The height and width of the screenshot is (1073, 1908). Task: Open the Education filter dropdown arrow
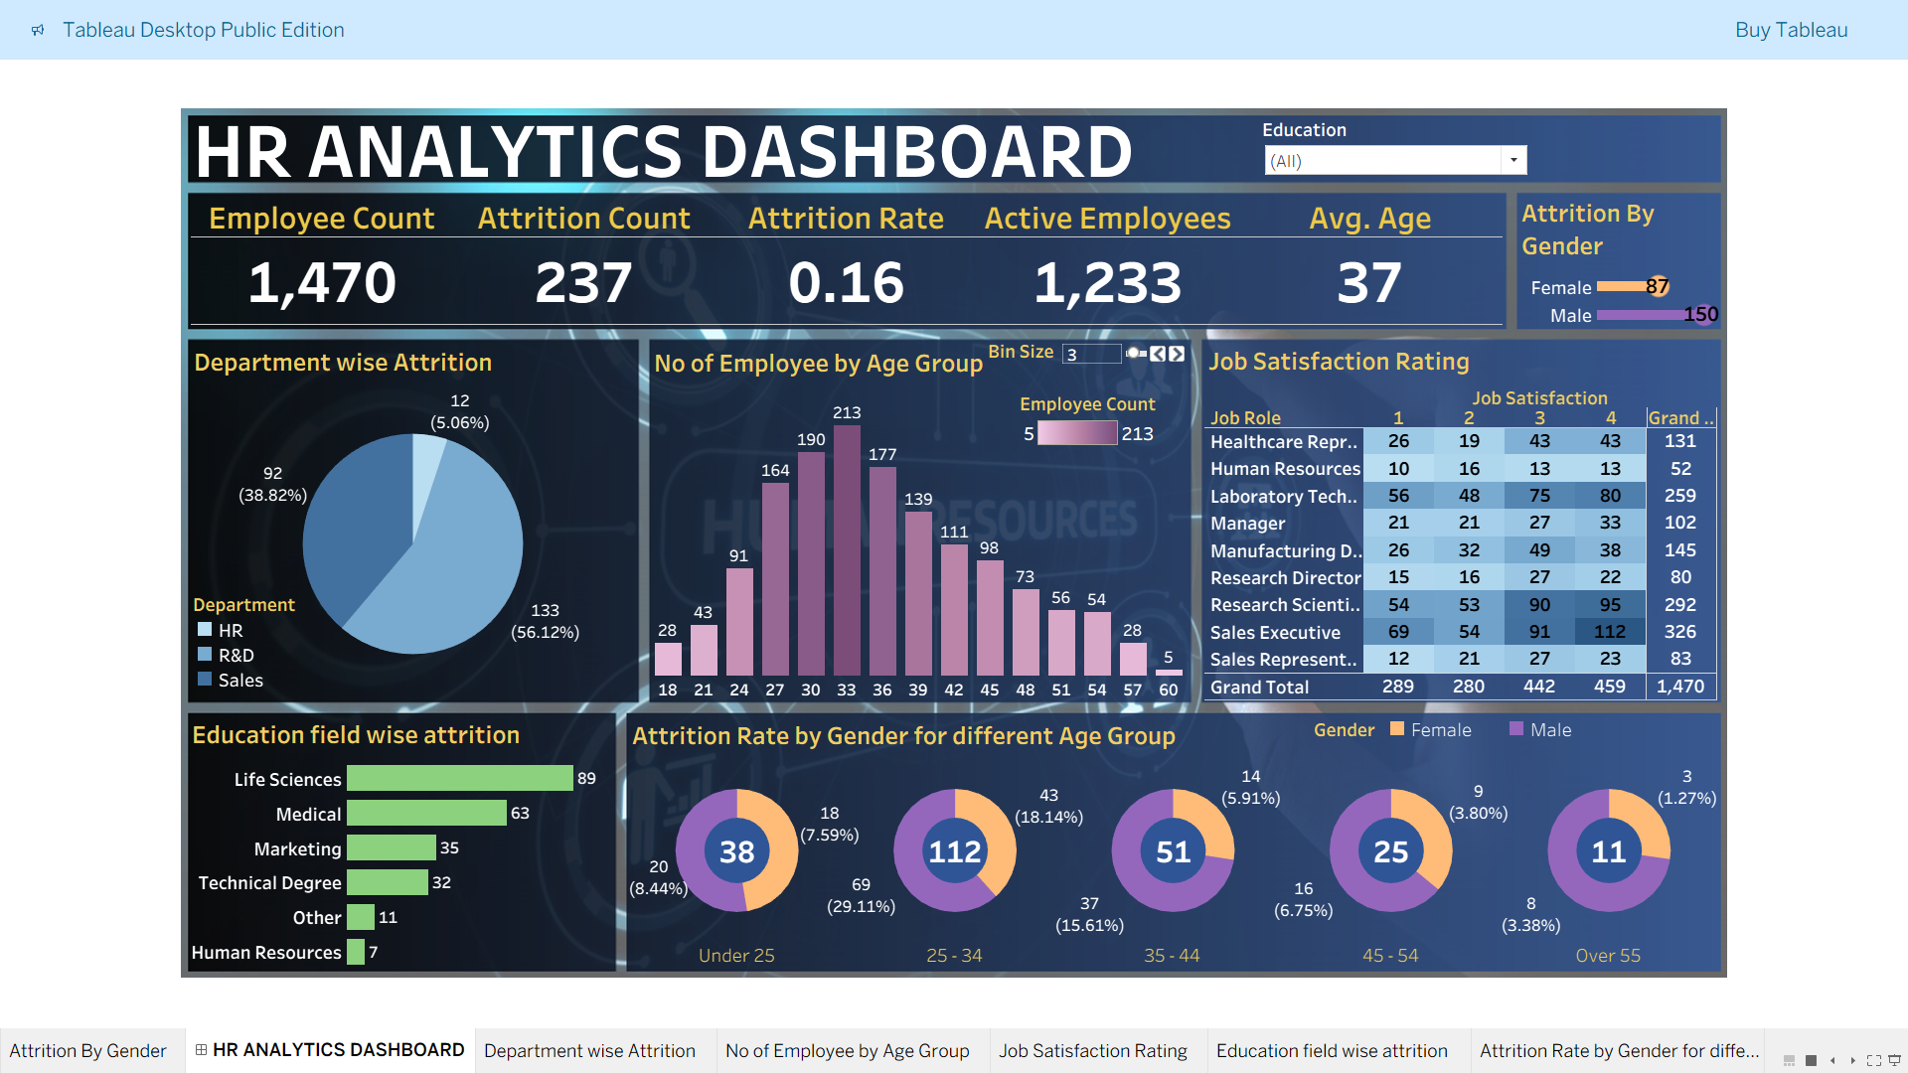tap(1513, 160)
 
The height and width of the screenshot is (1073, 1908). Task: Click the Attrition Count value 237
tap(583, 283)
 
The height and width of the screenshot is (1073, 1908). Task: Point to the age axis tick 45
tap(990, 690)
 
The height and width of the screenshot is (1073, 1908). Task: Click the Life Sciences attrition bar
tap(459, 778)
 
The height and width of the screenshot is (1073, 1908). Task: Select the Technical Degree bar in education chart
tap(388, 882)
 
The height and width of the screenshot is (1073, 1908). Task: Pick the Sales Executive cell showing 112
tap(1610, 632)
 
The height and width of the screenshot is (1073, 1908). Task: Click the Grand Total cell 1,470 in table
tap(1680, 687)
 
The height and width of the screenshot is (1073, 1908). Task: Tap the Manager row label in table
tap(1248, 524)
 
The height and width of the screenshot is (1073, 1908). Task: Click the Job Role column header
tap(1245, 418)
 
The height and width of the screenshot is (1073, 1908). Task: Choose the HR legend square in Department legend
tap(205, 630)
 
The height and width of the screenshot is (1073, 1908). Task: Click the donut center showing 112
tap(954, 851)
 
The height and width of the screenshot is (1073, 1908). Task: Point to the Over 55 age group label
tap(1608, 956)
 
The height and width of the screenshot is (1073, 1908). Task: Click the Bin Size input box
tap(1091, 355)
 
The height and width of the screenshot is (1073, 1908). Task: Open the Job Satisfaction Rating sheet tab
tap(1093, 1051)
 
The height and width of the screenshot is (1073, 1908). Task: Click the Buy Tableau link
tap(1791, 30)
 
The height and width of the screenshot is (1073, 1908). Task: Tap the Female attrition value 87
tap(1657, 287)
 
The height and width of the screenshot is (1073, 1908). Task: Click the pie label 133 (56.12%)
tap(545, 621)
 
